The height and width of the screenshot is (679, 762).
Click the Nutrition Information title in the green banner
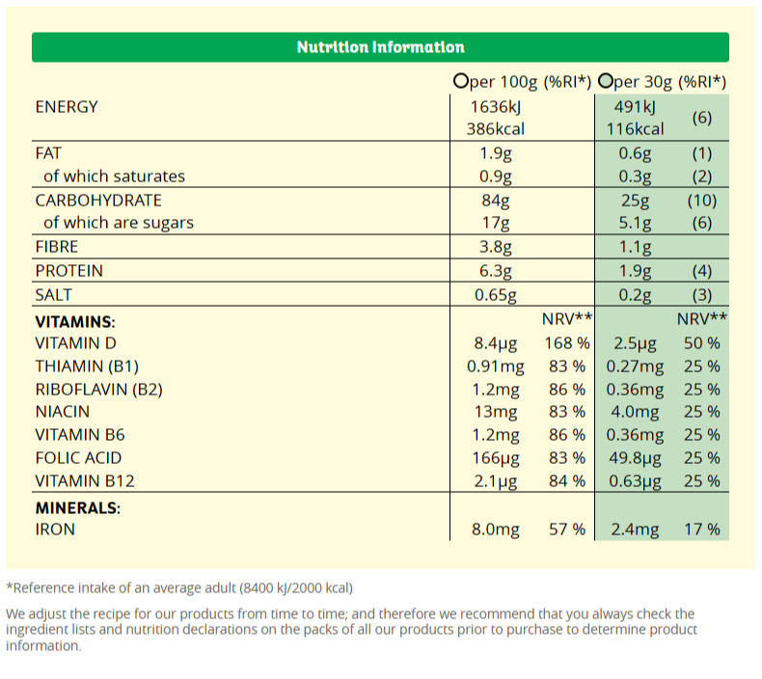[x=380, y=47]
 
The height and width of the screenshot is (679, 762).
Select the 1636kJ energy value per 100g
[x=495, y=107]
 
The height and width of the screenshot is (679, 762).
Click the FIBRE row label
[x=56, y=247]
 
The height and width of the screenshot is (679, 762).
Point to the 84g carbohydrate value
[x=495, y=201]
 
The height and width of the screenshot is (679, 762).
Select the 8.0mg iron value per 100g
[x=494, y=530]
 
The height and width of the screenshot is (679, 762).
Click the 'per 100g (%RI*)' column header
[x=522, y=82]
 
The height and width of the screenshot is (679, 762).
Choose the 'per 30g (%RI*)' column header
[x=663, y=82]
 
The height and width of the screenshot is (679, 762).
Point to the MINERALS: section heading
[x=77, y=507]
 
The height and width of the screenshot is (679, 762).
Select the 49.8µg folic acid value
[x=634, y=458]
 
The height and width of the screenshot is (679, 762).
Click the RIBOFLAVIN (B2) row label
[x=99, y=390]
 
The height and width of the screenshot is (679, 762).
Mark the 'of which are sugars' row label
[x=118, y=223]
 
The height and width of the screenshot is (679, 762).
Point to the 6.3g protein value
[x=495, y=271]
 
